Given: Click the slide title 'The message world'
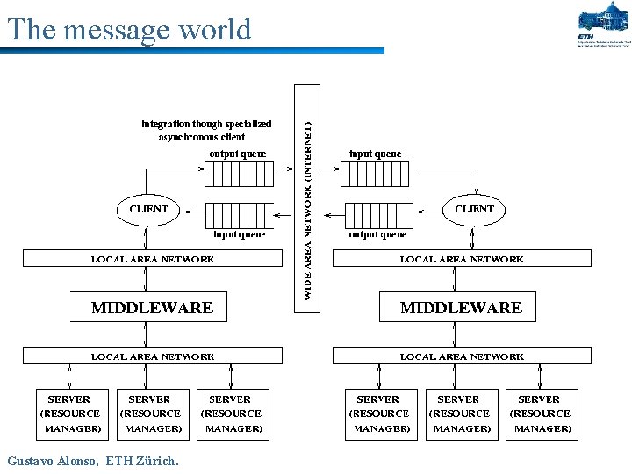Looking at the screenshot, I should pyautogui.click(x=129, y=29).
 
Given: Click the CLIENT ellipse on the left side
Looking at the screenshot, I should pyautogui.click(x=148, y=209).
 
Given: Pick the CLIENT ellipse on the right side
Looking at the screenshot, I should pyautogui.click(x=474, y=209).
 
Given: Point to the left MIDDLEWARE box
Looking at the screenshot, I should pyautogui.click(x=152, y=307).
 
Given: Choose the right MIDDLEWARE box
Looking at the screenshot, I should pyautogui.click(x=461, y=307).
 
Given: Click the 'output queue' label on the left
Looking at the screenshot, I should pyautogui.click(x=237, y=154).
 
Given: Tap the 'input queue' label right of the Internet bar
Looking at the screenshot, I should pyautogui.click(x=376, y=154).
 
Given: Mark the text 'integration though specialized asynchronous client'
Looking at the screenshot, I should pyautogui.click(x=206, y=131).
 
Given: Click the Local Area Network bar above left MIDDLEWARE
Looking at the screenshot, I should pyautogui.click(x=153, y=259).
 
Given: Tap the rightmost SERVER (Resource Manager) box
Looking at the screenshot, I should pyautogui.click(x=540, y=413).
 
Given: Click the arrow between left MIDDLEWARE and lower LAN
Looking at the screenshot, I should pyautogui.click(x=146, y=335).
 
